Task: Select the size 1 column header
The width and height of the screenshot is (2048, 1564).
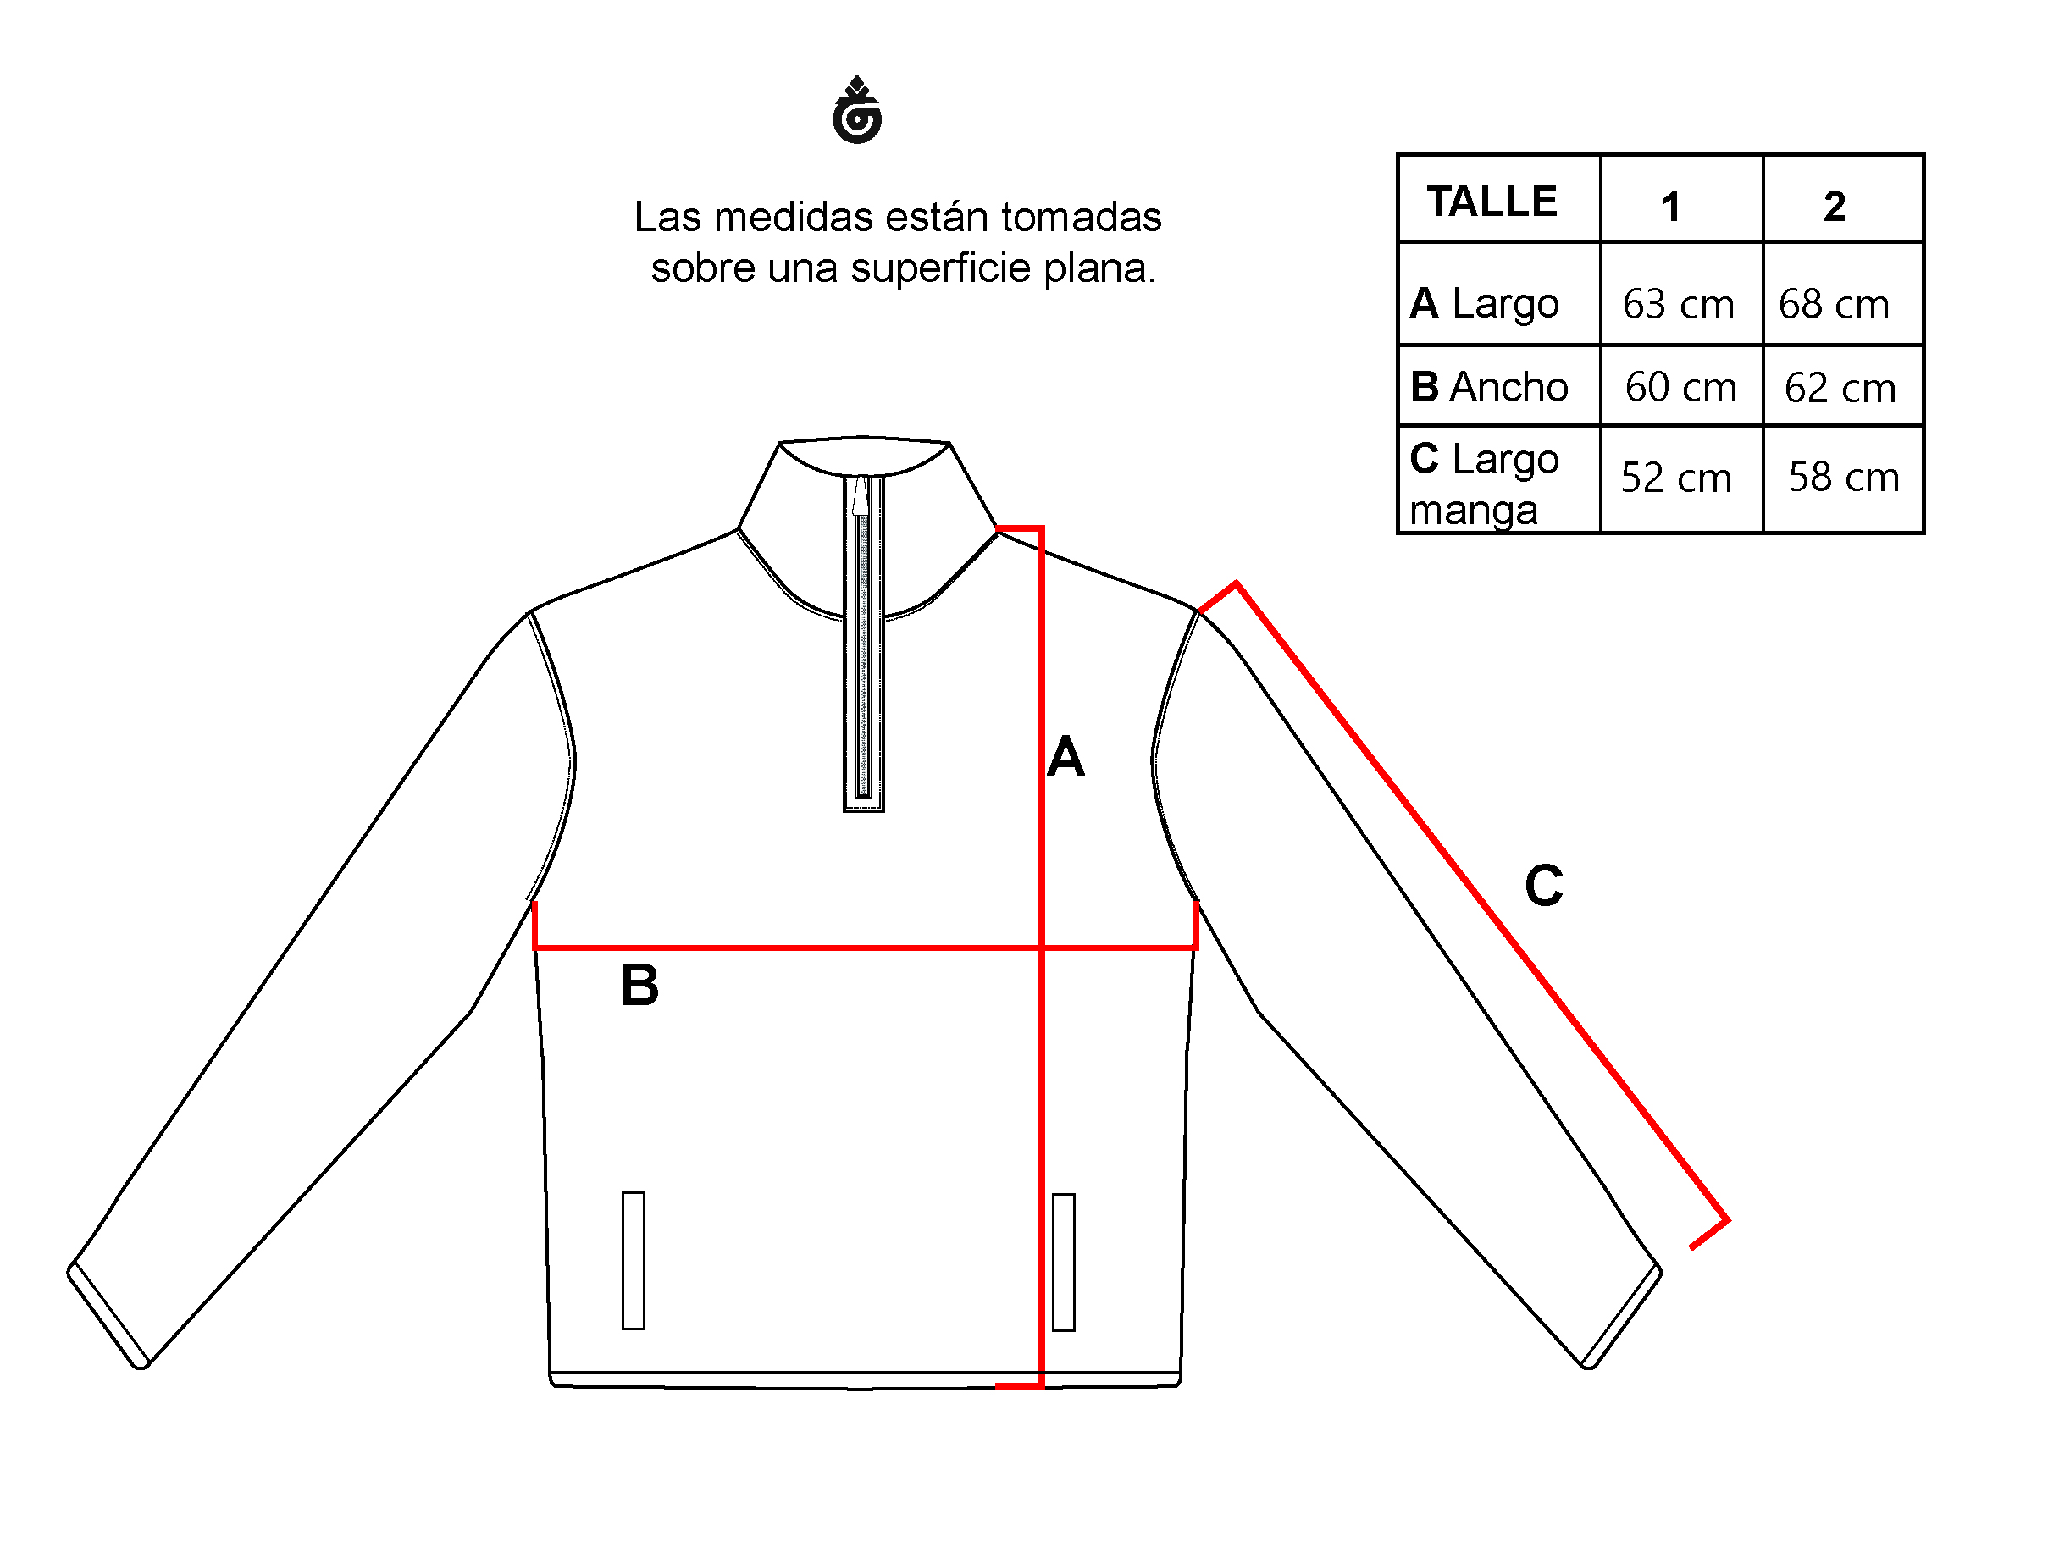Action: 1671,206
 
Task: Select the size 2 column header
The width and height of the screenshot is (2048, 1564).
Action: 1834,206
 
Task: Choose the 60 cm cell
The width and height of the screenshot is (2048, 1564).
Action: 1680,387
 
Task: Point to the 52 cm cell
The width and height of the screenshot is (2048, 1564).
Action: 1675,478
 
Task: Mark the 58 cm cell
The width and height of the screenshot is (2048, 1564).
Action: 1843,477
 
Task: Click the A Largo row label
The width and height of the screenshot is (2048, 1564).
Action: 1484,303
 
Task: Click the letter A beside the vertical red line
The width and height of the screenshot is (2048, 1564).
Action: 1066,757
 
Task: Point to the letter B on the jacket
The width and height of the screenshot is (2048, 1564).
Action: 639,985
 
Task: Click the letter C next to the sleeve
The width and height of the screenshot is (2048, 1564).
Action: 1543,886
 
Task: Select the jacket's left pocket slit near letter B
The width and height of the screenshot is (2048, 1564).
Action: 633,1261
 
